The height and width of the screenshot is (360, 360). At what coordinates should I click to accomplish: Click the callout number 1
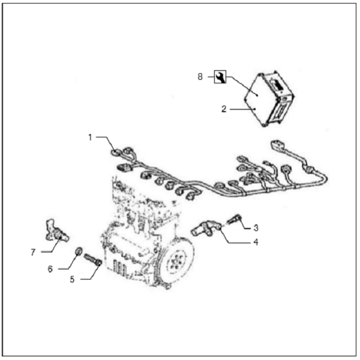(x=90, y=137)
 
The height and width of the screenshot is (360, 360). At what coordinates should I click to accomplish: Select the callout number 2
(x=224, y=109)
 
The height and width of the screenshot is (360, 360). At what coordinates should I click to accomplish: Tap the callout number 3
(x=256, y=228)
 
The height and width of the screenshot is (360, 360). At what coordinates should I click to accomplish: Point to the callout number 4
(x=256, y=242)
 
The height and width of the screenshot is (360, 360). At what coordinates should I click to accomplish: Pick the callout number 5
(x=73, y=280)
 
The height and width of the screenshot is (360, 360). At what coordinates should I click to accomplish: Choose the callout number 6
(x=50, y=269)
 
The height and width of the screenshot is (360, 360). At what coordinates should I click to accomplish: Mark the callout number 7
(x=33, y=253)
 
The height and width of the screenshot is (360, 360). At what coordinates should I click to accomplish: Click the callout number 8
(x=200, y=77)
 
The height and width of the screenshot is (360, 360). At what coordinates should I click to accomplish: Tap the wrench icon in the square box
(x=220, y=77)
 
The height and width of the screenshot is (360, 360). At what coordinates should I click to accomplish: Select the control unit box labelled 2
(x=269, y=99)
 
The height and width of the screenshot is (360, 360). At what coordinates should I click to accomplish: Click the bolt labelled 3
(x=234, y=218)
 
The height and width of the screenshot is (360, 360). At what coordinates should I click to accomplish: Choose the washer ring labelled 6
(x=79, y=251)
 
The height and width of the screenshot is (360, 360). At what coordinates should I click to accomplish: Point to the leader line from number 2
(x=242, y=109)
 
